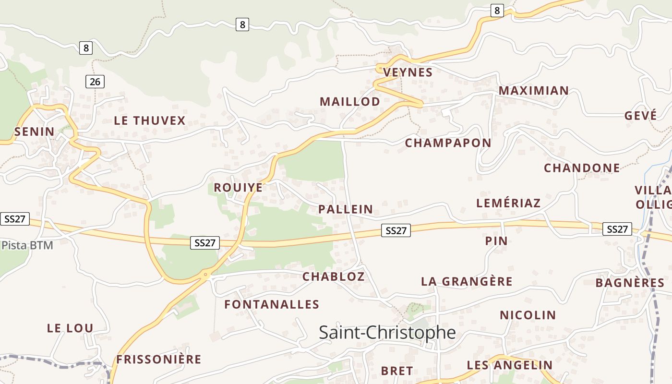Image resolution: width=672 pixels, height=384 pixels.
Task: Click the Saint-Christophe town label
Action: (x=387, y=332)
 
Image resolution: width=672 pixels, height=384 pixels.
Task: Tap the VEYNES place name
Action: (x=408, y=72)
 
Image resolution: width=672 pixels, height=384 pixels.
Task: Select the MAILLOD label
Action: (x=349, y=102)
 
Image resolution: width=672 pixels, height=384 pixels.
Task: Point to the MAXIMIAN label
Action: (x=533, y=91)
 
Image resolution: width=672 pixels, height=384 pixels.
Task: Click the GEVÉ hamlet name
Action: (x=640, y=116)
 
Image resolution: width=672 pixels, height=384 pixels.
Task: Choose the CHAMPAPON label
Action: (x=448, y=143)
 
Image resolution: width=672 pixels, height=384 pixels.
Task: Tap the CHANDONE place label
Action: (x=581, y=168)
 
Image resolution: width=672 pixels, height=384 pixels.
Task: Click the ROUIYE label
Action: (x=238, y=188)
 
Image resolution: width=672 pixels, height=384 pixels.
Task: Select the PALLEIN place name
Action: (x=345, y=209)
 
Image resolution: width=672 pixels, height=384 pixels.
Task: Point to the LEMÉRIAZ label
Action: (x=508, y=203)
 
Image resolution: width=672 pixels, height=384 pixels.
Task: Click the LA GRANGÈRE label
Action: (x=467, y=282)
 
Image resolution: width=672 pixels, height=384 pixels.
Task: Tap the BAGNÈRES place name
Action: (x=630, y=283)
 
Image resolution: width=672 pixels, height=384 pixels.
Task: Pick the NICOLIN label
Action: (x=528, y=315)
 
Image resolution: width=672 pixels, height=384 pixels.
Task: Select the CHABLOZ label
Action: (x=333, y=276)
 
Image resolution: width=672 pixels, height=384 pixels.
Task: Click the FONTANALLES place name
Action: (x=272, y=305)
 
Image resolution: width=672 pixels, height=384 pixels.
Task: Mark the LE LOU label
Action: (x=70, y=328)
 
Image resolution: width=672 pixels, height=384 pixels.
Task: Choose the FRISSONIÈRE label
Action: (x=158, y=360)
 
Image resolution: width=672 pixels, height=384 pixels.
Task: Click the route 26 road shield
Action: (x=95, y=82)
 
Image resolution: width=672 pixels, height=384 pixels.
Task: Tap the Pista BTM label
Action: (x=27, y=245)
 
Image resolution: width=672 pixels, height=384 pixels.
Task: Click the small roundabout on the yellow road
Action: (x=206, y=275)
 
